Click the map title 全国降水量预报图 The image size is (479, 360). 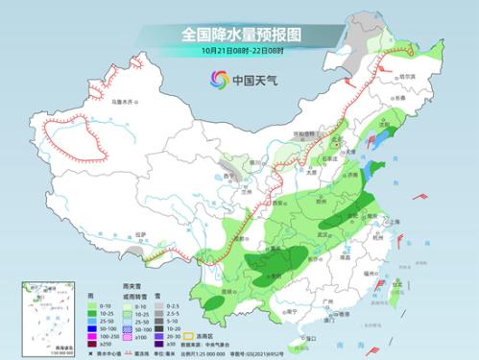[x=239, y=33]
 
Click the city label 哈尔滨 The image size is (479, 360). [x=409, y=76]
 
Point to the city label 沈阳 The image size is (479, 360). [x=387, y=125]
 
